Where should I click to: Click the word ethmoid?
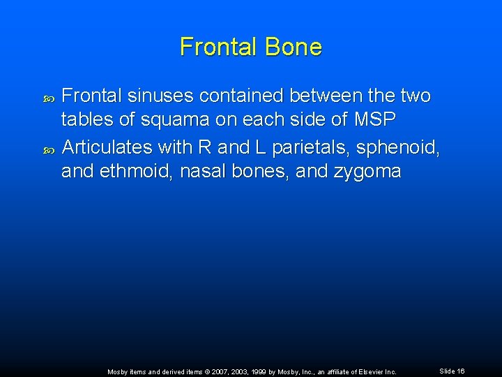(x=138, y=171)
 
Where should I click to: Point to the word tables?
(x=87, y=120)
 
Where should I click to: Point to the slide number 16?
(x=461, y=371)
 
